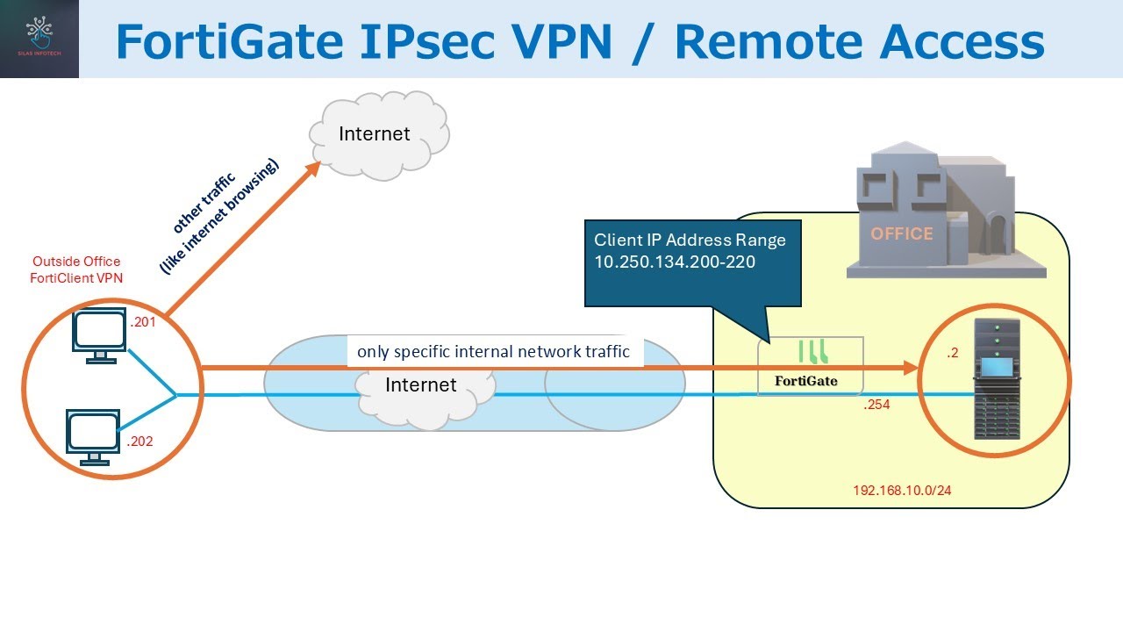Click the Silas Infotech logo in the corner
(x=39, y=39)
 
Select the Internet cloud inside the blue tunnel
(x=422, y=391)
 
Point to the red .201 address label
(x=142, y=323)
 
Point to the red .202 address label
(x=139, y=442)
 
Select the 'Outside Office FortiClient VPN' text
(x=76, y=269)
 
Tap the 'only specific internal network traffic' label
(x=493, y=352)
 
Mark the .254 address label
(x=876, y=406)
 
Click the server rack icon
(x=997, y=380)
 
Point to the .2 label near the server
(x=953, y=353)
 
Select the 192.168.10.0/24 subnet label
(x=902, y=491)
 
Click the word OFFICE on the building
(x=901, y=234)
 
